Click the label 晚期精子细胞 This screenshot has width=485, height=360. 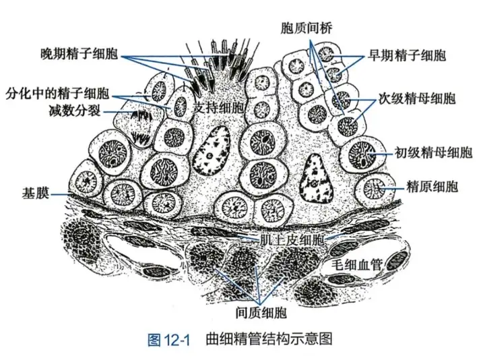pyautogui.click(x=79, y=55)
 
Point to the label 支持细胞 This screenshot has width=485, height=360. pyautogui.click(x=217, y=107)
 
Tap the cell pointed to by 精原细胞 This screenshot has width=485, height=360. pyautogui.click(x=375, y=189)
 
